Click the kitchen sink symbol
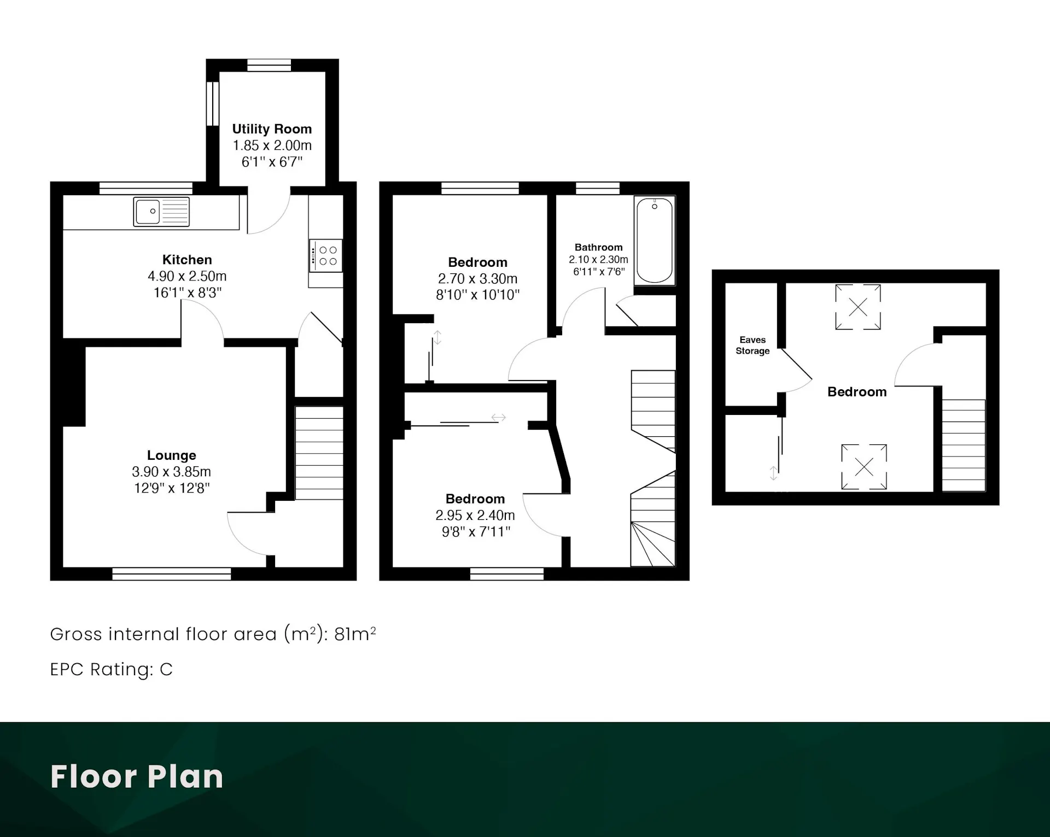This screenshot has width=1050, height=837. pyautogui.click(x=161, y=212)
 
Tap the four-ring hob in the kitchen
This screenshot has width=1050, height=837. pyautogui.click(x=326, y=256)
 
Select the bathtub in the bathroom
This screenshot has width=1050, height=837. pyautogui.click(x=655, y=241)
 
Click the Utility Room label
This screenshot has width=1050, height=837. pyautogui.click(x=272, y=129)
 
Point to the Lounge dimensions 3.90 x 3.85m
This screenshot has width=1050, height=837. pyautogui.click(x=171, y=472)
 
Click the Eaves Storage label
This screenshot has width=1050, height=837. pyautogui.click(x=752, y=346)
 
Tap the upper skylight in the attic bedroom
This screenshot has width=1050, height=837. pyautogui.click(x=858, y=307)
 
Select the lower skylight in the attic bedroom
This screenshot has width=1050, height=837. pyautogui.click(x=864, y=466)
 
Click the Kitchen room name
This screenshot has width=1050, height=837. pyautogui.click(x=187, y=260)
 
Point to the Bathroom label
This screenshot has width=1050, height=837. pyautogui.click(x=598, y=248)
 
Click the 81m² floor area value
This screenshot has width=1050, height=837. pyautogui.click(x=355, y=634)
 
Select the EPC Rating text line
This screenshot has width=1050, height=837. pyautogui.click(x=112, y=669)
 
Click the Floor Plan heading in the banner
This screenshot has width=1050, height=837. pyautogui.click(x=137, y=776)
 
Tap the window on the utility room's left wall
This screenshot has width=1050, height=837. pyautogui.click(x=212, y=104)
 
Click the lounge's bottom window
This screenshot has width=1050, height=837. pyautogui.click(x=172, y=573)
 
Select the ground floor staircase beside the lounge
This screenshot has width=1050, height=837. pyautogui.click(x=319, y=453)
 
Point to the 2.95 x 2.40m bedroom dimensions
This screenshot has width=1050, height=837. pyautogui.click(x=475, y=516)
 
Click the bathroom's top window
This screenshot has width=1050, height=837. pyautogui.click(x=598, y=188)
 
